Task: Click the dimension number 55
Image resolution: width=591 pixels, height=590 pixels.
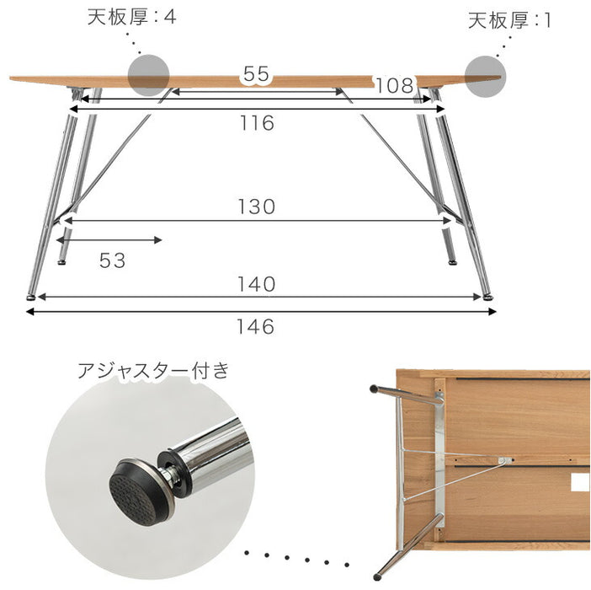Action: tap(256, 73)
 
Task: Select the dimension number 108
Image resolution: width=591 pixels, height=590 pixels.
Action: tap(395, 86)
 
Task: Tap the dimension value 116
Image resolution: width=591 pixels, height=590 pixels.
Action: tap(257, 123)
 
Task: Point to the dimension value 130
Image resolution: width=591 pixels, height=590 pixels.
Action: tap(257, 206)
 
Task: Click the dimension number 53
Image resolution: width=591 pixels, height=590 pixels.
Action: tap(112, 260)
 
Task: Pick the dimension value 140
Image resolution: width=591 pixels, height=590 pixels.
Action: tap(256, 284)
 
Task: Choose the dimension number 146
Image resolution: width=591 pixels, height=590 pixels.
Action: tap(255, 327)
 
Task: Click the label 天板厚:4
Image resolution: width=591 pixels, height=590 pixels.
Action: tap(132, 17)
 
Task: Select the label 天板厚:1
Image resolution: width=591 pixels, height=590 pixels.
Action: tap(509, 20)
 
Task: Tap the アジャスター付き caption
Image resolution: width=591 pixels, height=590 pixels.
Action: tap(153, 371)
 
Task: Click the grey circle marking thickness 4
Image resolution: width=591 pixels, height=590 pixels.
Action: tap(148, 76)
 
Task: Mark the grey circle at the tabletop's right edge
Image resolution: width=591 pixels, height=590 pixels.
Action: tap(485, 77)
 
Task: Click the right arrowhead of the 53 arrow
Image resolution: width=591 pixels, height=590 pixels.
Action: tap(158, 240)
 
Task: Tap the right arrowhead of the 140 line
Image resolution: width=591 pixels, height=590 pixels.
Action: tap(477, 298)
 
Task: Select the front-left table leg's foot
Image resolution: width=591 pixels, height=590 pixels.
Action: tap(31, 298)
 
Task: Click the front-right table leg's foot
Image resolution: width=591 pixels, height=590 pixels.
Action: tap(488, 298)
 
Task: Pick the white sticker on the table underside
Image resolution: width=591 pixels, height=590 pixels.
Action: tap(580, 483)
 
